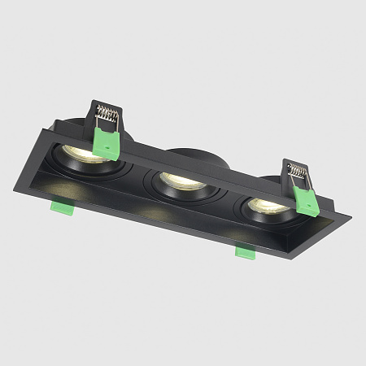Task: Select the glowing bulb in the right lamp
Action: pyautogui.click(x=266, y=205)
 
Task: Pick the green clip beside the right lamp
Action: pyautogui.click(x=306, y=198)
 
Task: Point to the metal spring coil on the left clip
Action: pyautogui.click(x=107, y=114)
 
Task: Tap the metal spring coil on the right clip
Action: pyautogui.click(x=298, y=172)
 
